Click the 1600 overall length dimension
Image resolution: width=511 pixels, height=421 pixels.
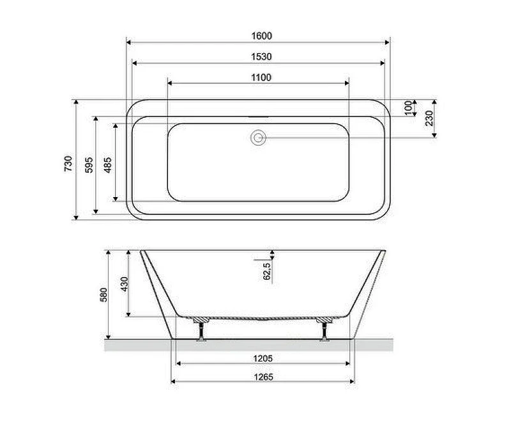pyautogui.click(x=261, y=36)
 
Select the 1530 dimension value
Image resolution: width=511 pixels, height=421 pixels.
pyautogui.click(x=261, y=57)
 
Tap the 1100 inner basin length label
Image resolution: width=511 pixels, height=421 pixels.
pyautogui.click(x=261, y=77)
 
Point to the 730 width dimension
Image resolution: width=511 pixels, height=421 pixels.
pyautogui.click(x=68, y=164)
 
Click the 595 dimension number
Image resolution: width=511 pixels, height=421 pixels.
pyautogui.click(x=89, y=165)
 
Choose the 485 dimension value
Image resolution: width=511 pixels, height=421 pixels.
pyautogui.click(x=107, y=165)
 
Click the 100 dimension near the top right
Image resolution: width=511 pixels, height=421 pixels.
pyautogui.click(x=408, y=108)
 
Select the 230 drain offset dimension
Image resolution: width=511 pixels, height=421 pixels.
pyautogui.click(x=429, y=118)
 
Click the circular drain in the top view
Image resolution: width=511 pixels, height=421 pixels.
pyautogui.click(x=259, y=138)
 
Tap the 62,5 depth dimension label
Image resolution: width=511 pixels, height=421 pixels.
pyautogui.click(x=267, y=271)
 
